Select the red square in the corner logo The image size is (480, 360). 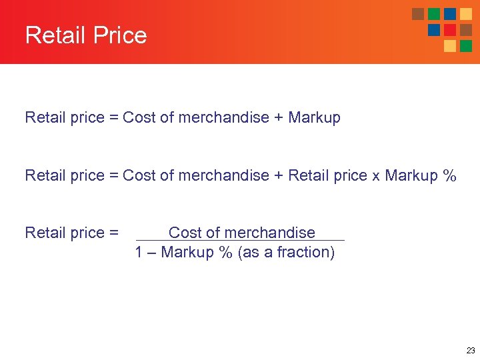click(x=450, y=30)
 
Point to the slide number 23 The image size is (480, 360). click(x=471, y=350)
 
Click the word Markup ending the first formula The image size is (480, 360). click(x=314, y=118)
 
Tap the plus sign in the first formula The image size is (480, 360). click(x=280, y=118)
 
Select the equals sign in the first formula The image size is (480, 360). click(x=113, y=118)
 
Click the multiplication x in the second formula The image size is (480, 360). click(x=376, y=176)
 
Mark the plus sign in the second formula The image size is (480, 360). click(x=280, y=176)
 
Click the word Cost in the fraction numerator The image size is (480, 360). click(x=185, y=233)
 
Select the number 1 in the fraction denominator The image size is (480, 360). click(x=139, y=253)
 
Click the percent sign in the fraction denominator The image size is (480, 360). click(x=225, y=253)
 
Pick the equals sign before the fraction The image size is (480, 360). click(x=113, y=233)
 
